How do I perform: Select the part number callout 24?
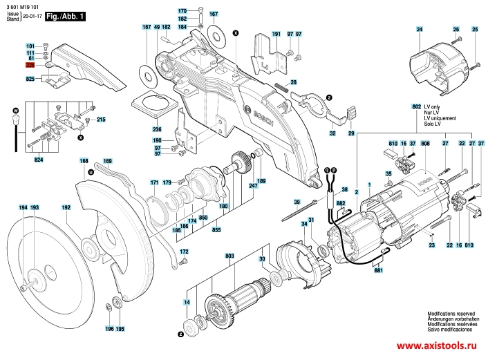click(x=419, y=28)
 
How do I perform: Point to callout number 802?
click(x=416, y=108)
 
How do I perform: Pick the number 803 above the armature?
click(x=229, y=256)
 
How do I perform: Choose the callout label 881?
click(x=378, y=272)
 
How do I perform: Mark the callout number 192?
click(x=66, y=207)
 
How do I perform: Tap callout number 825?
click(x=30, y=80)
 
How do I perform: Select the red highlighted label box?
click(x=30, y=65)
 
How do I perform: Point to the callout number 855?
click(x=216, y=229)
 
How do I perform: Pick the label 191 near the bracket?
click(x=276, y=34)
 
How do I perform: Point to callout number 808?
click(x=426, y=143)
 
